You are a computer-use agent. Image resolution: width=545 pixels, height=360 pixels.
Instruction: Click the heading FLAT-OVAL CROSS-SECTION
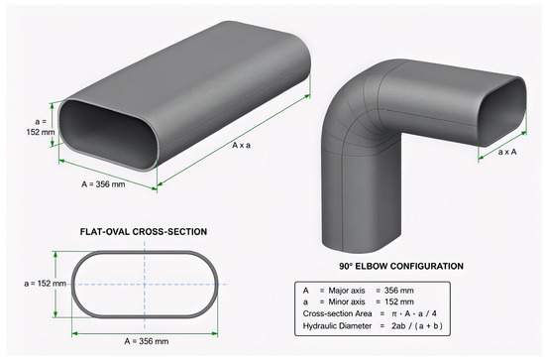coord(144,232)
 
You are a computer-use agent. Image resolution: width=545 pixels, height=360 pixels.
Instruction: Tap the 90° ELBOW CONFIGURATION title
coord(401,266)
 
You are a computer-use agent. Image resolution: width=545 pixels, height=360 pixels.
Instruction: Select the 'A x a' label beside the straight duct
coord(241,145)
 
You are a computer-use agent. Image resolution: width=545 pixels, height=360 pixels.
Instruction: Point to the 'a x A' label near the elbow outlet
coord(507,152)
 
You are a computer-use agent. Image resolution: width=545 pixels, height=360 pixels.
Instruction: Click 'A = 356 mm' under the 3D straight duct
coord(103,184)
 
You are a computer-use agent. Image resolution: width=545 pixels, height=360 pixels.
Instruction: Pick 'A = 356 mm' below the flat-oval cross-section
coord(147,341)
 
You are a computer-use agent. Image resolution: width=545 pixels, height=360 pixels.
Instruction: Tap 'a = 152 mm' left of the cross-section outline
coord(46,284)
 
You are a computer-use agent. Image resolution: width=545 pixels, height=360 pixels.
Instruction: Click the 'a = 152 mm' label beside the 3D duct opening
coord(41,127)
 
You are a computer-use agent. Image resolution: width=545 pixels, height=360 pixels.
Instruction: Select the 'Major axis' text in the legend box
coord(347,291)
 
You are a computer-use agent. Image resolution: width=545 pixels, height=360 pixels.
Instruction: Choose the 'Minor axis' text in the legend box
coord(347,301)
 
